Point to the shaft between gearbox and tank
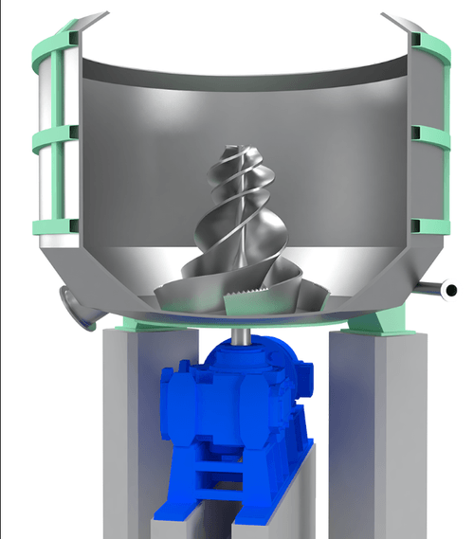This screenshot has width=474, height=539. coord(244,332)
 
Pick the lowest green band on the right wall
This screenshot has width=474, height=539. coord(427,225)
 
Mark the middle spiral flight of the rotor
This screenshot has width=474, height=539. coord(242,218)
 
